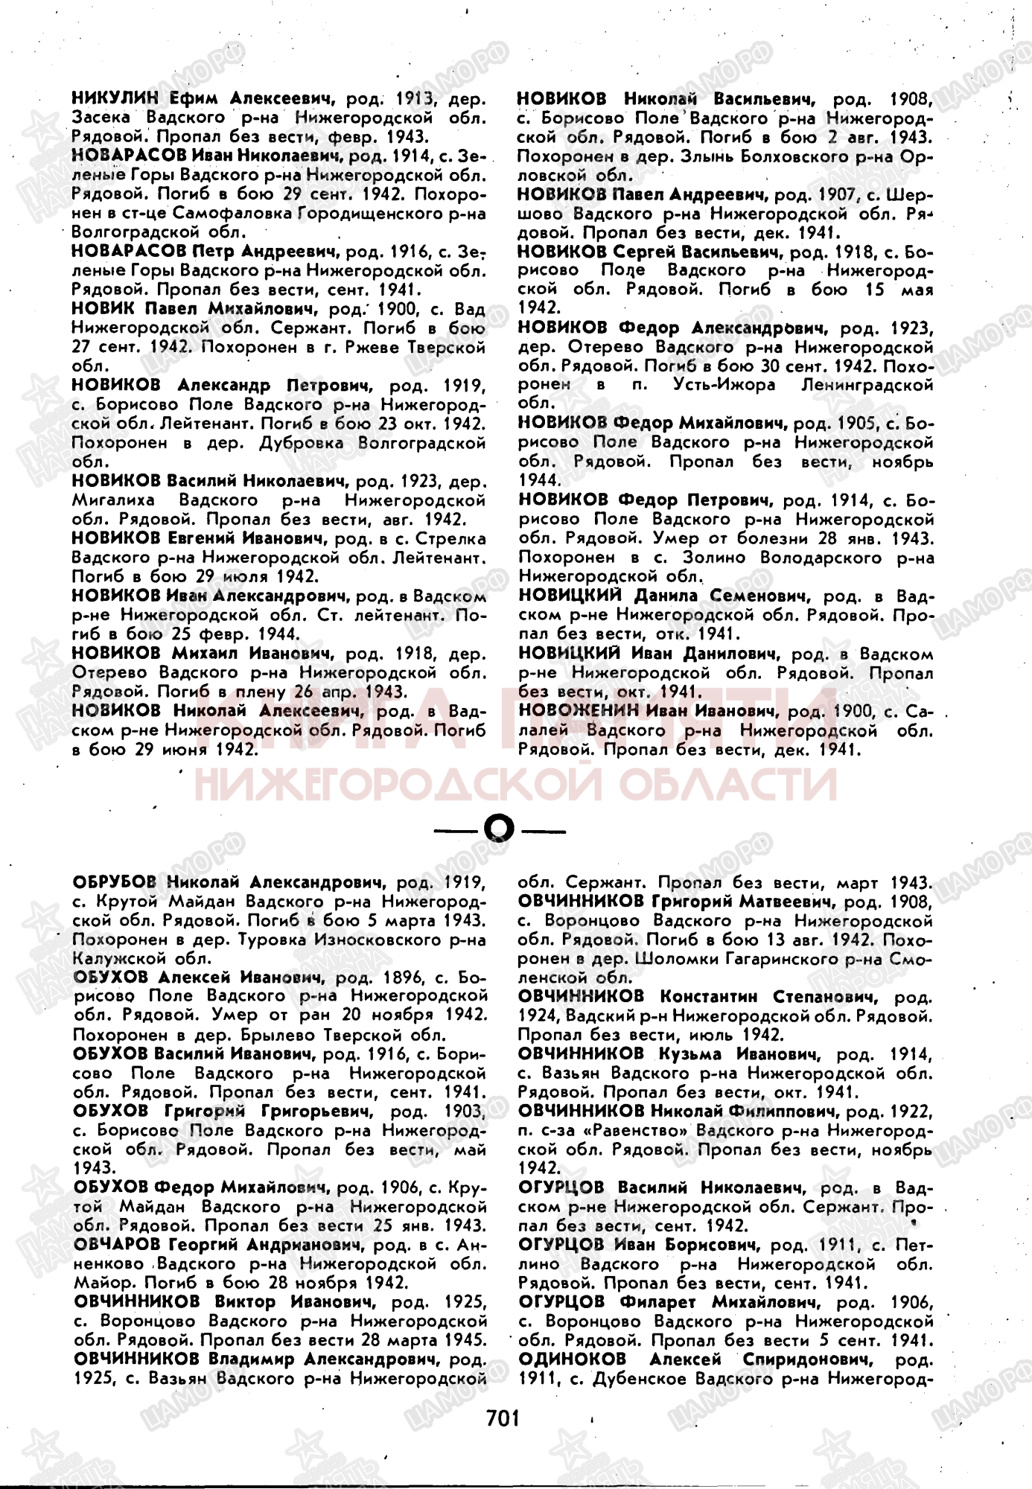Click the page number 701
[x=502, y=1417]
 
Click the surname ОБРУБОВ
[x=115, y=882]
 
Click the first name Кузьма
[x=692, y=1053]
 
